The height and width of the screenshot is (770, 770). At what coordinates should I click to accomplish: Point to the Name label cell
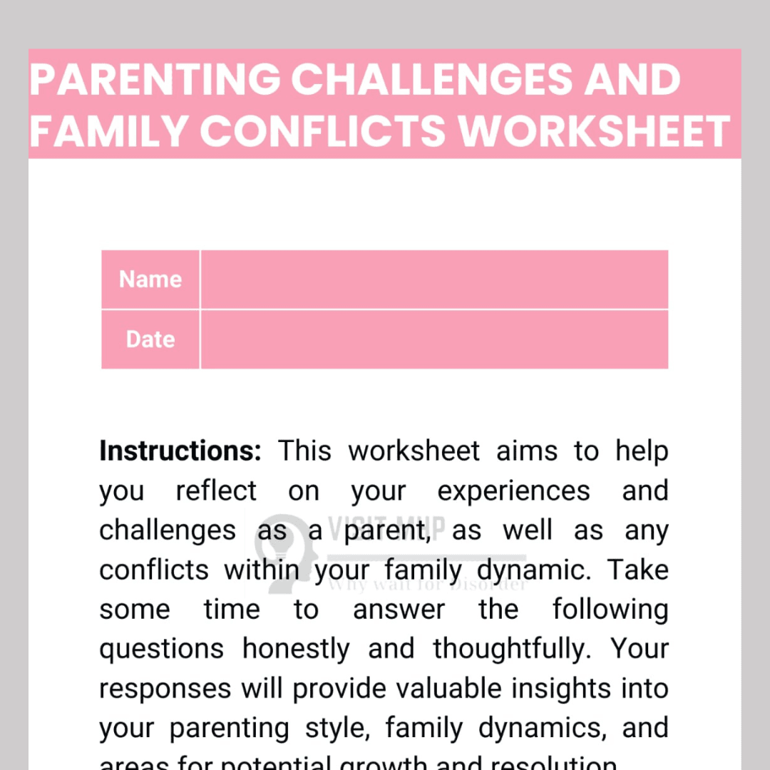(x=150, y=279)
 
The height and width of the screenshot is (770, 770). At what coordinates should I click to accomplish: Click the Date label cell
(x=150, y=339)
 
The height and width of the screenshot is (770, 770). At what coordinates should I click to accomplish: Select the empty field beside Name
(x=434, y=279)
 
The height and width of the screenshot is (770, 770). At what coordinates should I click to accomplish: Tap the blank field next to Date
(x=434, y=339)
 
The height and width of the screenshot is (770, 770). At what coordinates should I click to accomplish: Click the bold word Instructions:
(x=180, y=451)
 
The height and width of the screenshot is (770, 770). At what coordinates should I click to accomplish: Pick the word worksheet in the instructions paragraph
(x=414, y=451)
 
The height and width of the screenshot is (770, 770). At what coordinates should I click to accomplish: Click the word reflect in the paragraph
(x=216, y=491)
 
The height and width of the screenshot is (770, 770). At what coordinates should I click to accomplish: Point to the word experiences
(x=513, y=491)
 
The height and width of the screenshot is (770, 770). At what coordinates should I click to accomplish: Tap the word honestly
(x=296, y=650)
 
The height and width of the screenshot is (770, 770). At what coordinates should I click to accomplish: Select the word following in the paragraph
(x=610, y=610)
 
